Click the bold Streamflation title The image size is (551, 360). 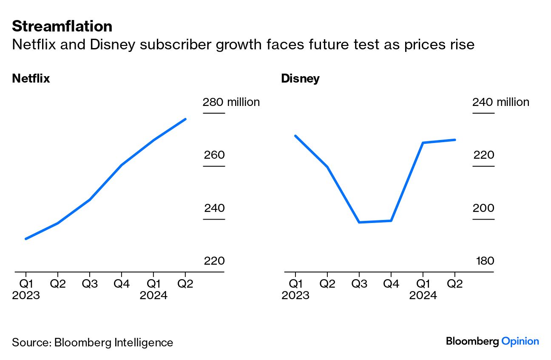[62, 26]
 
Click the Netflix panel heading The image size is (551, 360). [31, 79]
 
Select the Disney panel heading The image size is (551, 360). [300, 79]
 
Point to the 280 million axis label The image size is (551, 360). [231, 102]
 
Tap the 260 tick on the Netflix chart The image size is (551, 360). [214, 155]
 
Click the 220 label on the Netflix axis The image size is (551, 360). [214, 261]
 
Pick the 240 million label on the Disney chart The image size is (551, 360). [500, 102]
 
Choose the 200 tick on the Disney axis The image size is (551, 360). [484, 208]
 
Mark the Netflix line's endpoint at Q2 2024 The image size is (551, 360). [185, 119]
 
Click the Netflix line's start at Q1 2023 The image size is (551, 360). [26, 239]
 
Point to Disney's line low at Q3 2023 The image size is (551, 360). [359, 222]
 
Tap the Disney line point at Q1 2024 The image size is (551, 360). [423, 143]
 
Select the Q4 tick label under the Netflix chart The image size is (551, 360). [122, 284]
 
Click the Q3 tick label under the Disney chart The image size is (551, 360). [359, 284]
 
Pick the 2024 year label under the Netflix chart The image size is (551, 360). [153, 295]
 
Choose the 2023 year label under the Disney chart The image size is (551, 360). [295, 295]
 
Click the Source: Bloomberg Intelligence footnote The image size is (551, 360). [93, 343]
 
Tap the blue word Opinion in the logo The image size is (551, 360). [520, 341]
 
